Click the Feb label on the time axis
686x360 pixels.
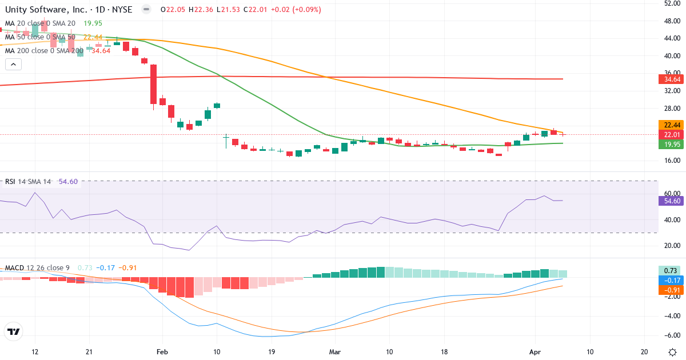click(162, 351)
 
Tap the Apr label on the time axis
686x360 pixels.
click(535, 351)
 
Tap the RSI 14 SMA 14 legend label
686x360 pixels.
click(27, 182)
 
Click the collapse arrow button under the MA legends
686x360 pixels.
click(13, 65)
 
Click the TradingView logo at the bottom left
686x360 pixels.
click(14, 331)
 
